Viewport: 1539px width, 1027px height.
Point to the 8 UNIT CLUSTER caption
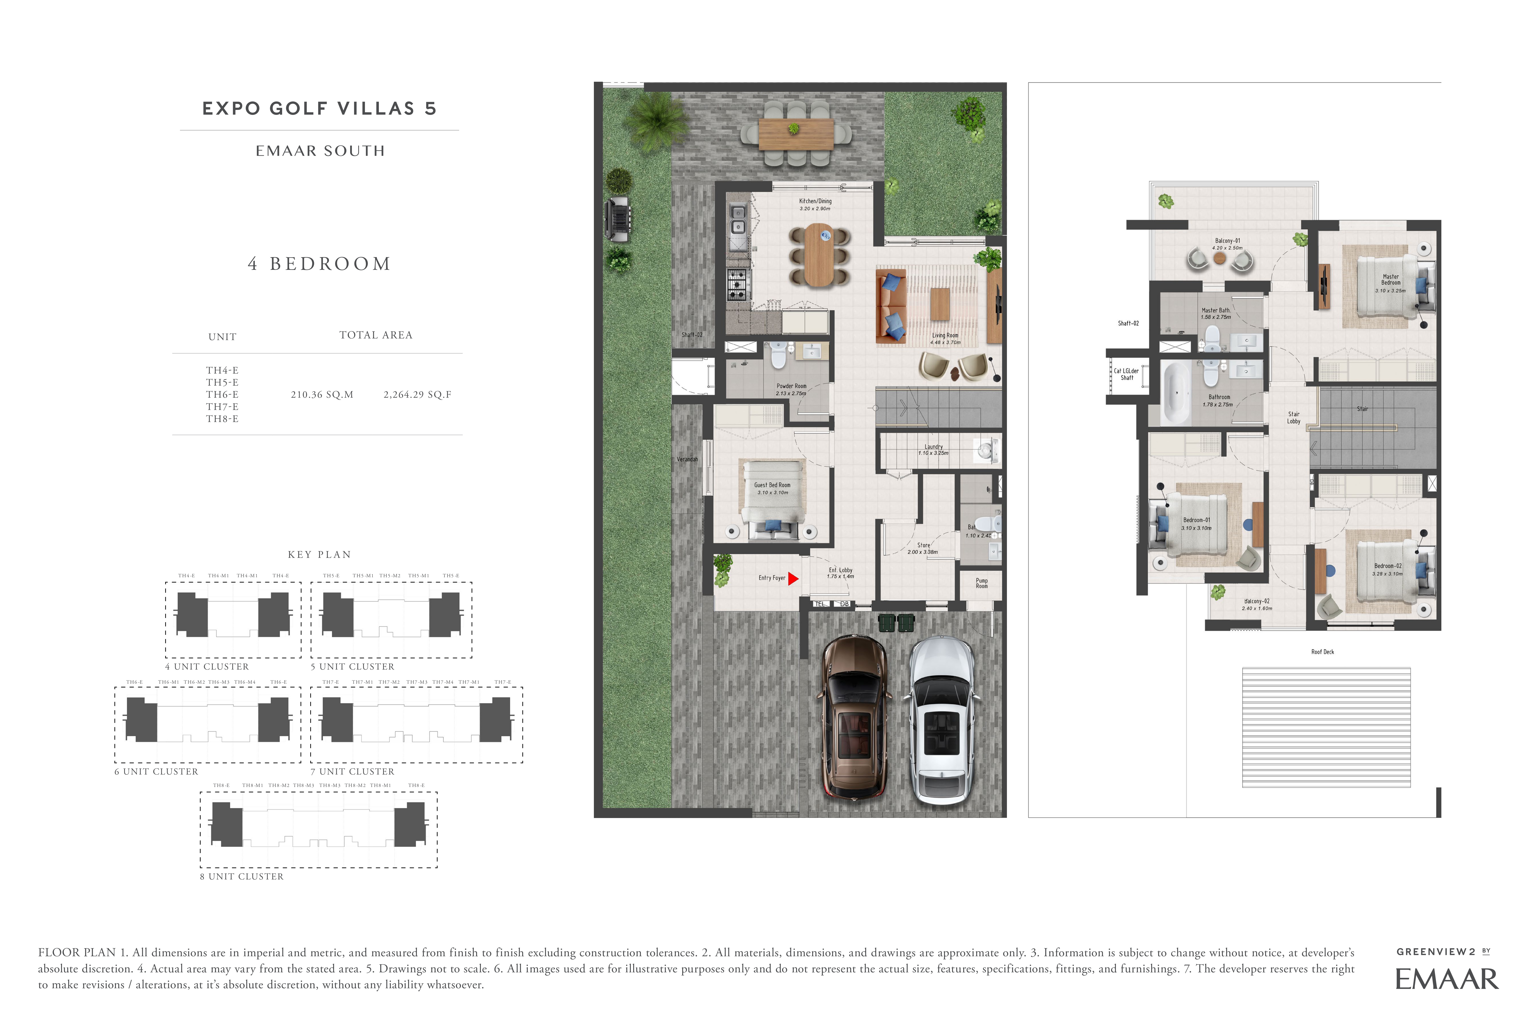pos(242,876)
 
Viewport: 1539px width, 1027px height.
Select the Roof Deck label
pos(1322,652)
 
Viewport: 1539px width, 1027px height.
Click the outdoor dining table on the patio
pos(796,134)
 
